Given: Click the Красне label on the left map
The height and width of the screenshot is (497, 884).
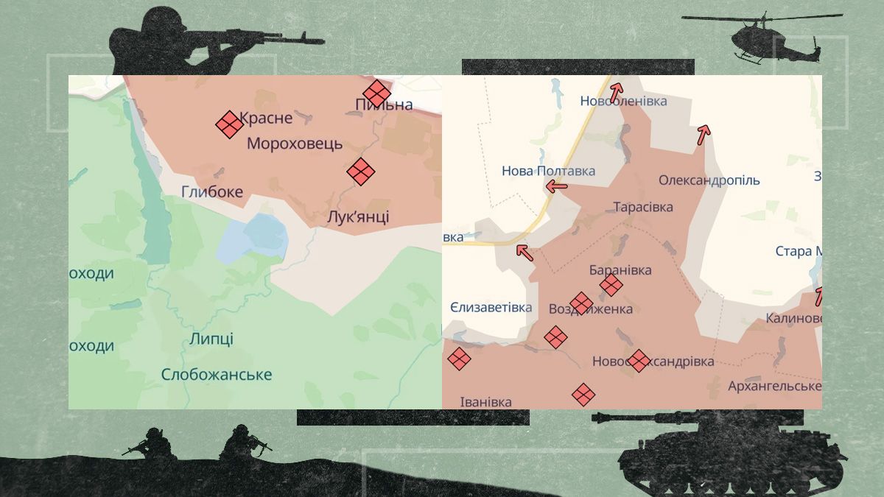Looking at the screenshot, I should [266, 118].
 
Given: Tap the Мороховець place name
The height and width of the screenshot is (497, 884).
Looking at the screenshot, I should [295, 144].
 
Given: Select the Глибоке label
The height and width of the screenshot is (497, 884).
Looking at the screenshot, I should [212, 192].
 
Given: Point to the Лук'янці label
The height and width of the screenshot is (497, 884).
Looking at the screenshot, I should [358, 217].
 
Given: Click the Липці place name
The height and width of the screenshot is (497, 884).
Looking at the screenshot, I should [211, 339].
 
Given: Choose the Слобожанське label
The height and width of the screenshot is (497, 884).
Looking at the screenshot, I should [217, 375].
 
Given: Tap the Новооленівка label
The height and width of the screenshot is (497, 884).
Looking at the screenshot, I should [623, 101].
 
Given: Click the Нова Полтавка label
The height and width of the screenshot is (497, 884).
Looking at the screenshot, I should [548, 171].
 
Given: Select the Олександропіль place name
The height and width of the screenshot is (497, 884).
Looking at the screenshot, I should [709, 180].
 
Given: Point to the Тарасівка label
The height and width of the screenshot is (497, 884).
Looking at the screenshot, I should [643, 208].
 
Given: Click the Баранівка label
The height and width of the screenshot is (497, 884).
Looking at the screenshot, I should [620, 270].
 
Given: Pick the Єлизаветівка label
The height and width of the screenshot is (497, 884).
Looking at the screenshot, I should [491, 308].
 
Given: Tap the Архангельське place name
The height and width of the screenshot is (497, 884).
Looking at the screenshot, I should [774, 386].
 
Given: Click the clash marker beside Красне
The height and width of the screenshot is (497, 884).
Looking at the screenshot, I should [229, 124].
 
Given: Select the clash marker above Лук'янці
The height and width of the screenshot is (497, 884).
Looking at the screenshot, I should [361, 172].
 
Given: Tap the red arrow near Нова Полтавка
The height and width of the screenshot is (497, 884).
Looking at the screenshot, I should [556, 187].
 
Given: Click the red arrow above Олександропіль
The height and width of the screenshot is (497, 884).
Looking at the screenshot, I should [704, 134].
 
